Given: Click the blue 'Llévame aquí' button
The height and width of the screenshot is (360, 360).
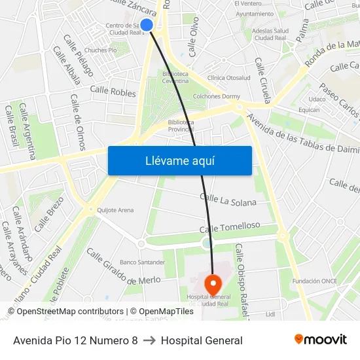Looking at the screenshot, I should pyautogui.click(x=179, y=160).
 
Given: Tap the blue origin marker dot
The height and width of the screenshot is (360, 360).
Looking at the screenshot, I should pyautogui.click(x=147, y=25).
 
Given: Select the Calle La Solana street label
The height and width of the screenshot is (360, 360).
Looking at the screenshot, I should pyautogui.click(x=228, y=199).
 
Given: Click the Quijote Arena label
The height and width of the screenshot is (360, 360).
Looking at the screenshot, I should pyautogui.click(x=115, y=210).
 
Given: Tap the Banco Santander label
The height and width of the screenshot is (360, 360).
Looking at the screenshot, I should pyautogui.click(x=142, y=262).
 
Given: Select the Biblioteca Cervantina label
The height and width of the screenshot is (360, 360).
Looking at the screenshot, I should pyautogui.click(x=175, y=78).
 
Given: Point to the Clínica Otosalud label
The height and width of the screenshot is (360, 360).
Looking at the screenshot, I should pyautogui.click(x=228, y=77).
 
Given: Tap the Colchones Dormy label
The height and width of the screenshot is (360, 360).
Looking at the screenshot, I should pyautogui.click(x=216, y=96).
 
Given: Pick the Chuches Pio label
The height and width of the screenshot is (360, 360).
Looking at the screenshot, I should pyautogui.click(x=100, y=50).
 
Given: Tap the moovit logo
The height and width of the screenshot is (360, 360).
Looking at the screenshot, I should pyautogui.click(x=321, y=339).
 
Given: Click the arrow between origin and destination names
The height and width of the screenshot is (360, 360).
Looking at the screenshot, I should pyautogui.click(x=149, y=340).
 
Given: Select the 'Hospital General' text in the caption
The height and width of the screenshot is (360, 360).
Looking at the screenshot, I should pyautogui.click(x=202, y=340).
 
